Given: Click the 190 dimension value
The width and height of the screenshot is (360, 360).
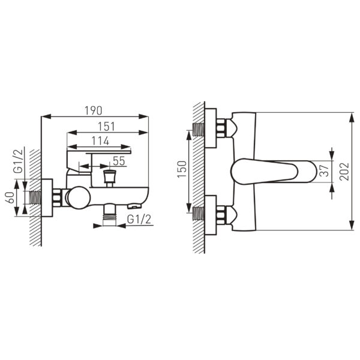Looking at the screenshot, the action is [94, 110].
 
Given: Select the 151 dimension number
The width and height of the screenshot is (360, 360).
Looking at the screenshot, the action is [107, 127].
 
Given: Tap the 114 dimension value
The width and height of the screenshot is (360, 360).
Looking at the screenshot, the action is [100, 141].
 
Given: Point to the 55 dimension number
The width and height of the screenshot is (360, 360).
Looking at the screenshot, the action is [119, 161].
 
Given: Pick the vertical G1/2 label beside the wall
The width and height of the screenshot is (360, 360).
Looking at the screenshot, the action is [19, 161].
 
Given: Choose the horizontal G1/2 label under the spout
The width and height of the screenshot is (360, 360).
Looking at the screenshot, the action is [139, 219].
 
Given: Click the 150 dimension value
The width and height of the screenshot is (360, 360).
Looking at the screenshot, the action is [182, 169].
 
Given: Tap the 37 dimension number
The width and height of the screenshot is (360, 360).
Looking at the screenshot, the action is [325, 170].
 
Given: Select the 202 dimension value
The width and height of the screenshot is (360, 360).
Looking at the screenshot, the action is [344, 171].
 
